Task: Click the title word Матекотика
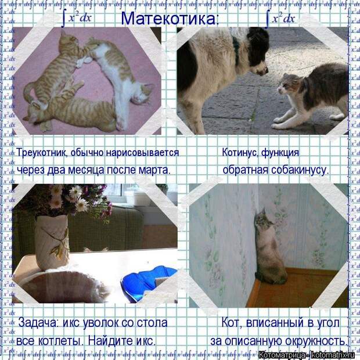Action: (x=168, y=19)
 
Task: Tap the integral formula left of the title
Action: (x=77, y=19)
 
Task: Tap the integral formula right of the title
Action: (x=280, y=19)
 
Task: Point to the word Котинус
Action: (x=240, y=152)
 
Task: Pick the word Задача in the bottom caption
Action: (x=38, y=322)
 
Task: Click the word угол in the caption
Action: (x=327, y=323)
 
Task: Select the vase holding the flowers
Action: (x=52, y=242)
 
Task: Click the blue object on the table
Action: (x=149, y=283)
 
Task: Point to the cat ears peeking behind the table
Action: (x=95, y=250)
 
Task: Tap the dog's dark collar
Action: (x=236, y=49)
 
